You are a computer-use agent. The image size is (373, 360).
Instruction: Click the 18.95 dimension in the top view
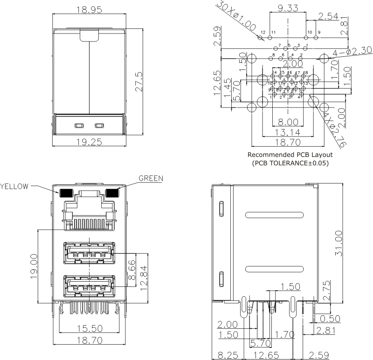pos(89,10)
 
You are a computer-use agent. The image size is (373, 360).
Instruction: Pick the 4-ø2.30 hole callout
pos(345,52)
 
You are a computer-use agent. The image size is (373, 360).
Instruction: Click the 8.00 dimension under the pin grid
pos(288,122)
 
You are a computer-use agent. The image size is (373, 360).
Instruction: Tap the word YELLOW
pos(14,186)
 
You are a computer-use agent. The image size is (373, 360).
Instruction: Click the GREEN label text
pos(151,178)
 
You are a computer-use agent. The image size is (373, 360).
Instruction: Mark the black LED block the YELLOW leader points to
pos(65,192)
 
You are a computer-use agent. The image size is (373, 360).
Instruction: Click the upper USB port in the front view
pos(89,254)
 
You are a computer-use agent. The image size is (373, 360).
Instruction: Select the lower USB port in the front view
pos(89,285)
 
